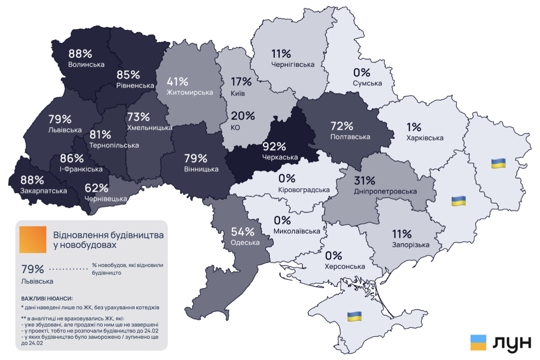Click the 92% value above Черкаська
click(x=274, y=147)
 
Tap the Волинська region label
click(x=86, y=64)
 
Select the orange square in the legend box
click(x=33, y=239)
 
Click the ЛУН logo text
click(x=512, y=343)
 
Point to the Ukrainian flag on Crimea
click(x=354, y=316)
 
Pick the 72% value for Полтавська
click(x=342, y=126)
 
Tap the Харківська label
click(x=424, y=138)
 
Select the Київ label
click(x=238, y=94)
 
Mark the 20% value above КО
click(x=243, y=116)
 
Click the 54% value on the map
click(x=243, y=232)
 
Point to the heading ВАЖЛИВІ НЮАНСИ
click(x=47, y=298)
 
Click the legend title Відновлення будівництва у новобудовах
click(x=108, y=240)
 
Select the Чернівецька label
click(x=106, y=198)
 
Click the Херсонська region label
click(x=345, y=266)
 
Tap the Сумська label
click(x=367, y=83)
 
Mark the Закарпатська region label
click(x=44, y=191)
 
